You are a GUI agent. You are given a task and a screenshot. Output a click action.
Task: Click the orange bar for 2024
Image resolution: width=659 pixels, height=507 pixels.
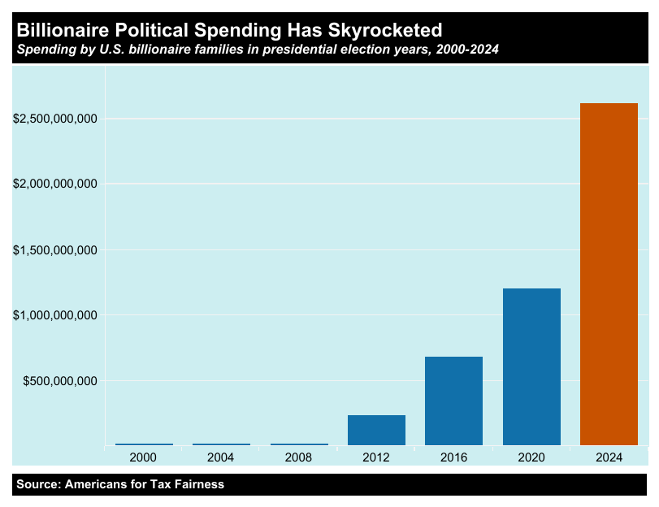[x=609, y=274]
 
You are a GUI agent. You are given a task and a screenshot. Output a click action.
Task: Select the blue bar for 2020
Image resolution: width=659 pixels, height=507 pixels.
[x=531, y=366]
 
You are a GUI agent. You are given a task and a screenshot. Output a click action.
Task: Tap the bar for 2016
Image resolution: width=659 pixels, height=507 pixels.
[x=453, y=401]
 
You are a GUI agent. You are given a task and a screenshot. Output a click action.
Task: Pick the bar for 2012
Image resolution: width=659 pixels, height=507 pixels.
[x=376, y=430]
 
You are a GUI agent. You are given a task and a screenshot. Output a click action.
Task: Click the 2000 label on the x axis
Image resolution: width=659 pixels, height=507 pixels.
[x=143, y=458]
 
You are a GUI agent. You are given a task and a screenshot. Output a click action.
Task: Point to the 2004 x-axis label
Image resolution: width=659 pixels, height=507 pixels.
[x=221, y=458]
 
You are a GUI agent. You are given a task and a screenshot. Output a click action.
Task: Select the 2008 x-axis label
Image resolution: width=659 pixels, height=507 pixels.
[x=298, y=458]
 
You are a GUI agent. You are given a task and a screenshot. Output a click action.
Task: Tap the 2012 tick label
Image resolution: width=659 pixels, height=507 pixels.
[x=376, y=458]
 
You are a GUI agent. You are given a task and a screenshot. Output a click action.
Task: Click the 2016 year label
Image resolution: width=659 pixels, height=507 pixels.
[x=453, y=458]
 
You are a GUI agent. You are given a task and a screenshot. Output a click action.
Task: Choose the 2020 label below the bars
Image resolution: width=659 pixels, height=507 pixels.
[x=531, y=458]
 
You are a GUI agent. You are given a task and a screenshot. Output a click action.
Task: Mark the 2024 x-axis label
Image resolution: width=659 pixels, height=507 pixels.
[x=609, y=458]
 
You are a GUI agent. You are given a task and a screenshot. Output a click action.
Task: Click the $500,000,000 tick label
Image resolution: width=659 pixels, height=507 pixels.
[x=60, y=380]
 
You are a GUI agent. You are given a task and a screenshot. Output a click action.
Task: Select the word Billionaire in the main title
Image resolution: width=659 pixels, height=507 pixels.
[x=65, y=31]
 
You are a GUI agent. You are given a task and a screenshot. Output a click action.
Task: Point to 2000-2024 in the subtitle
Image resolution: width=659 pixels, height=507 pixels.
[x=467, y=50]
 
